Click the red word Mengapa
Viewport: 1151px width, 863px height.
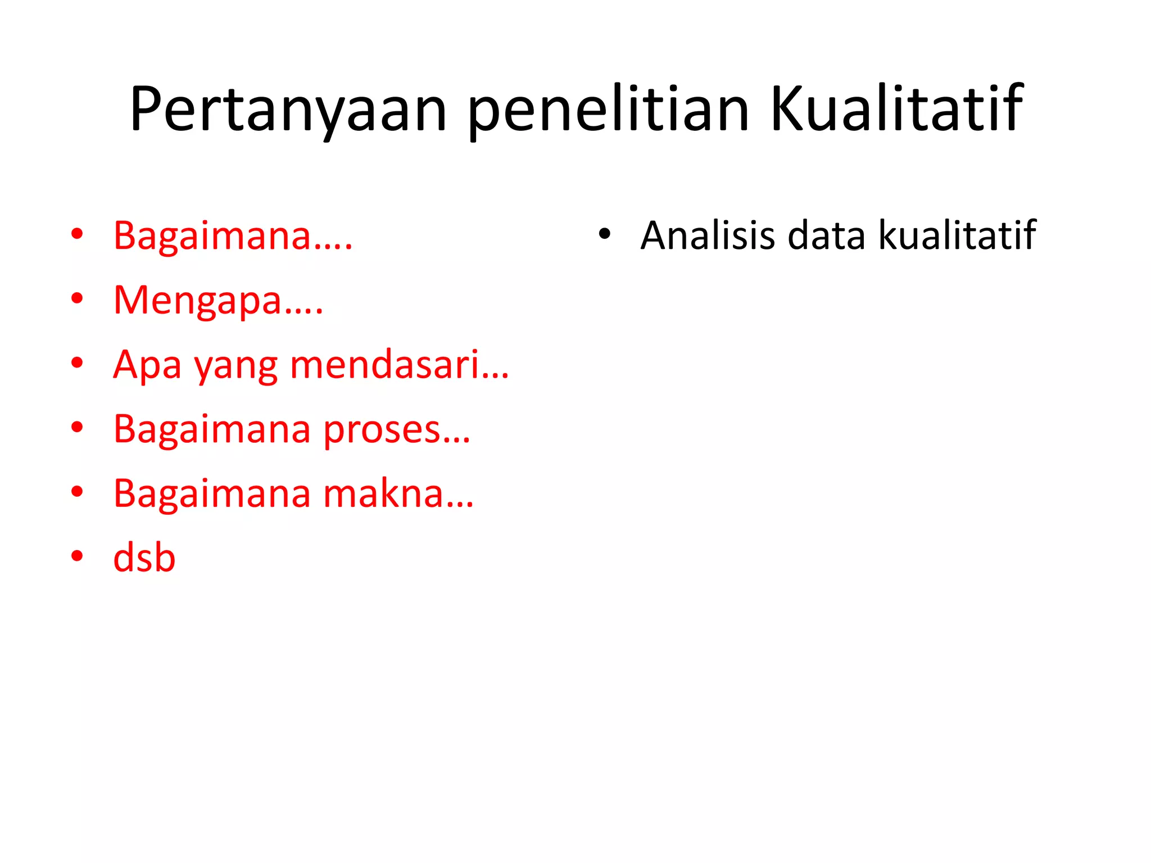click(x=197, y=301)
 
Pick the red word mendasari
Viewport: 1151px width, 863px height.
click(x=385, y=365)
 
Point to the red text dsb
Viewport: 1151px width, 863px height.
click(x=144, y=558)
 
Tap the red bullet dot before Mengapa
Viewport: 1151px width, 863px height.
click(x=77, y=298)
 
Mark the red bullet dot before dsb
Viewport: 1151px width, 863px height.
click(x=77, y=556)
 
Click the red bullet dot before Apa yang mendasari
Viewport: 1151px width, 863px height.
click(x=77, y=363)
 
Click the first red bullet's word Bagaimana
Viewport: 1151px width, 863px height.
click(x=212, y=236)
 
